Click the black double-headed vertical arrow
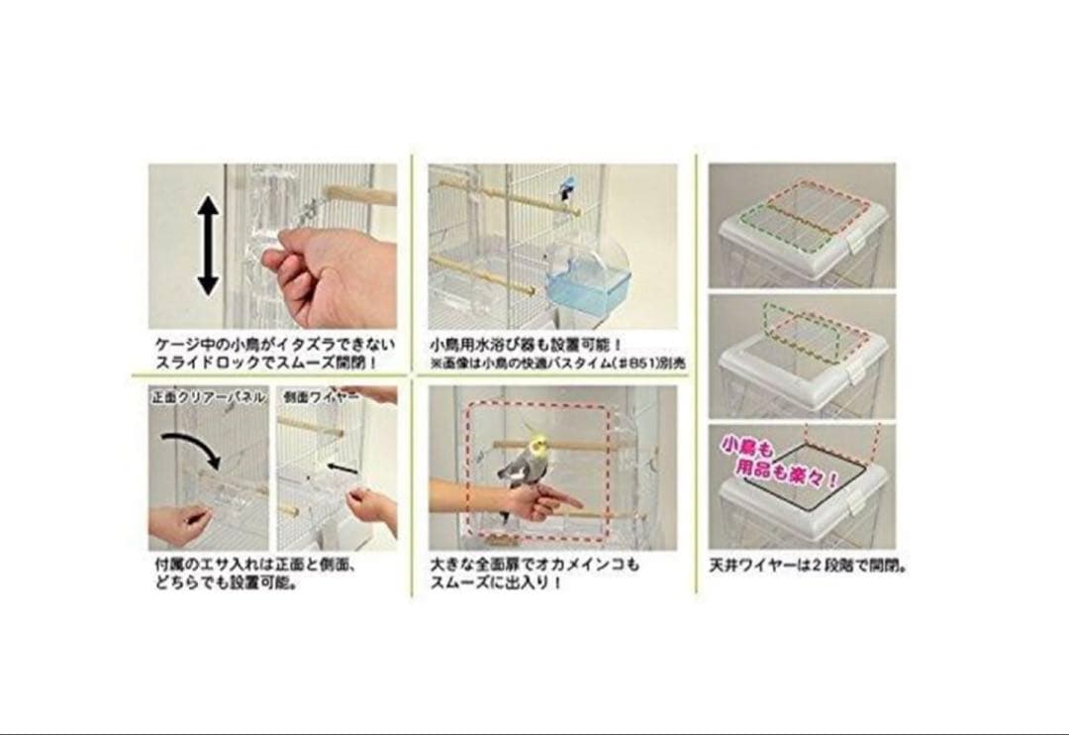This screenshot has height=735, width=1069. point(207,245)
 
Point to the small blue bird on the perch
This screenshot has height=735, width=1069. point(567,189)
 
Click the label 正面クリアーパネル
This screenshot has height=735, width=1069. point(208,397)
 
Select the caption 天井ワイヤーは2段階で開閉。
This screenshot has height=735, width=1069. point(808,568)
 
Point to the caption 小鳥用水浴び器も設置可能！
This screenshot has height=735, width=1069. point(521,345)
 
